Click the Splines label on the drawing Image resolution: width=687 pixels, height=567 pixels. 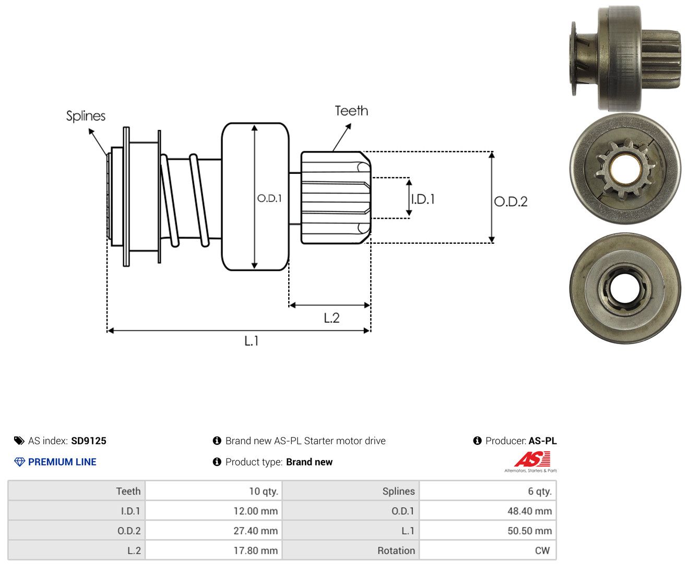click(x=86, y=116)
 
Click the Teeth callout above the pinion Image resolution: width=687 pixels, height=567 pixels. click(x=351, y=111)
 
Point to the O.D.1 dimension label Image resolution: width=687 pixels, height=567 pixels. click(x=269, y=198)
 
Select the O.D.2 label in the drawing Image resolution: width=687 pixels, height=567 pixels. click(x=511, y=202)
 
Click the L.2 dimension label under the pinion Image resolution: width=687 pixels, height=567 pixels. click(x=331, y=318)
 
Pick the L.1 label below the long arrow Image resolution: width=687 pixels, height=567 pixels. click(x=252, y=341)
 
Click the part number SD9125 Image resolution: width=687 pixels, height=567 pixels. click(x=89, y=441)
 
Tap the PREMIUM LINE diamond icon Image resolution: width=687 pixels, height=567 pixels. click(x=19, y=462)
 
